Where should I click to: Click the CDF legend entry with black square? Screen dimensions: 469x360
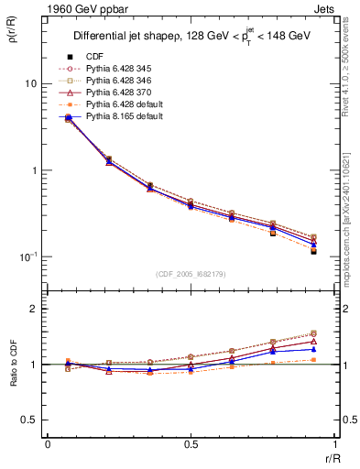click(94, 58)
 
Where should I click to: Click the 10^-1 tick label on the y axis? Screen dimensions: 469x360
click(27, 257)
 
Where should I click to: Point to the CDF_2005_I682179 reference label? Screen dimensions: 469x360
click(191, 275)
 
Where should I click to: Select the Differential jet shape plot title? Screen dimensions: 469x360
click(191, 37)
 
